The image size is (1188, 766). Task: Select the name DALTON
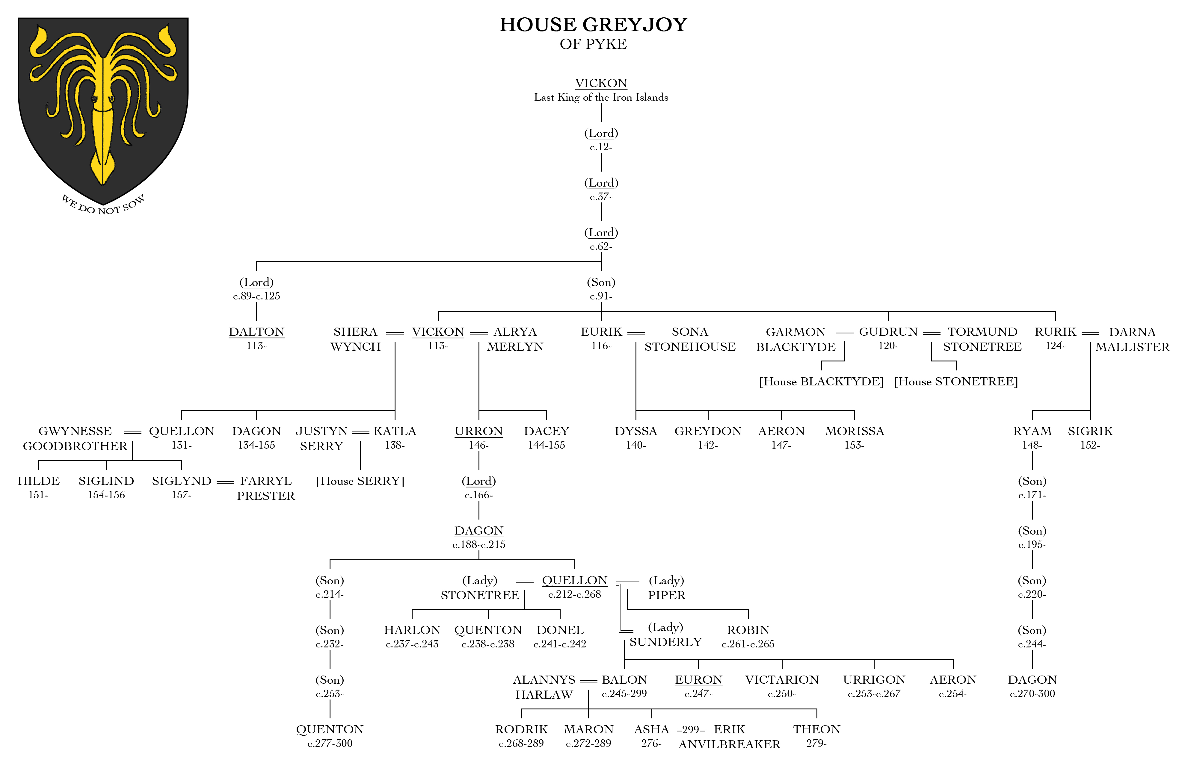pyautogui.click(x=256, y=332)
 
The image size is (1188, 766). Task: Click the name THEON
pyautogui.click(x=816, y=729)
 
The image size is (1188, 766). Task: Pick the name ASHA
pyautogui.click(x=651, y=729)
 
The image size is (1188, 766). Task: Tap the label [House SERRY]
pyautogui.click(x=360, y=481)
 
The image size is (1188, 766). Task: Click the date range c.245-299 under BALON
pyautogui.click(x=624, y=693)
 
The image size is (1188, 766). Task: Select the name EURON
pyautogui.click(x=698, y=679)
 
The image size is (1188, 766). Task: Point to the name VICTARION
pyautogui.click(x=781, y=679)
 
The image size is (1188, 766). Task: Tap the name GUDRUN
pyautogui.click(x=888, y=332)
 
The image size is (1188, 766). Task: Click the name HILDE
pyautogui.click(x=38, y=481)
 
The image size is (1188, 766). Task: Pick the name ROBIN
pyautogui.click(x=748, y=630)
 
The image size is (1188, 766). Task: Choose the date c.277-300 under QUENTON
pyautogui.click(x=330, y=743)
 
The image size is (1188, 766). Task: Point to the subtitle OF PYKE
pyautogui.click(x=593, y=44)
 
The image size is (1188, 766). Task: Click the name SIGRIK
pyautogui.click(x=1090, y=431)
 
